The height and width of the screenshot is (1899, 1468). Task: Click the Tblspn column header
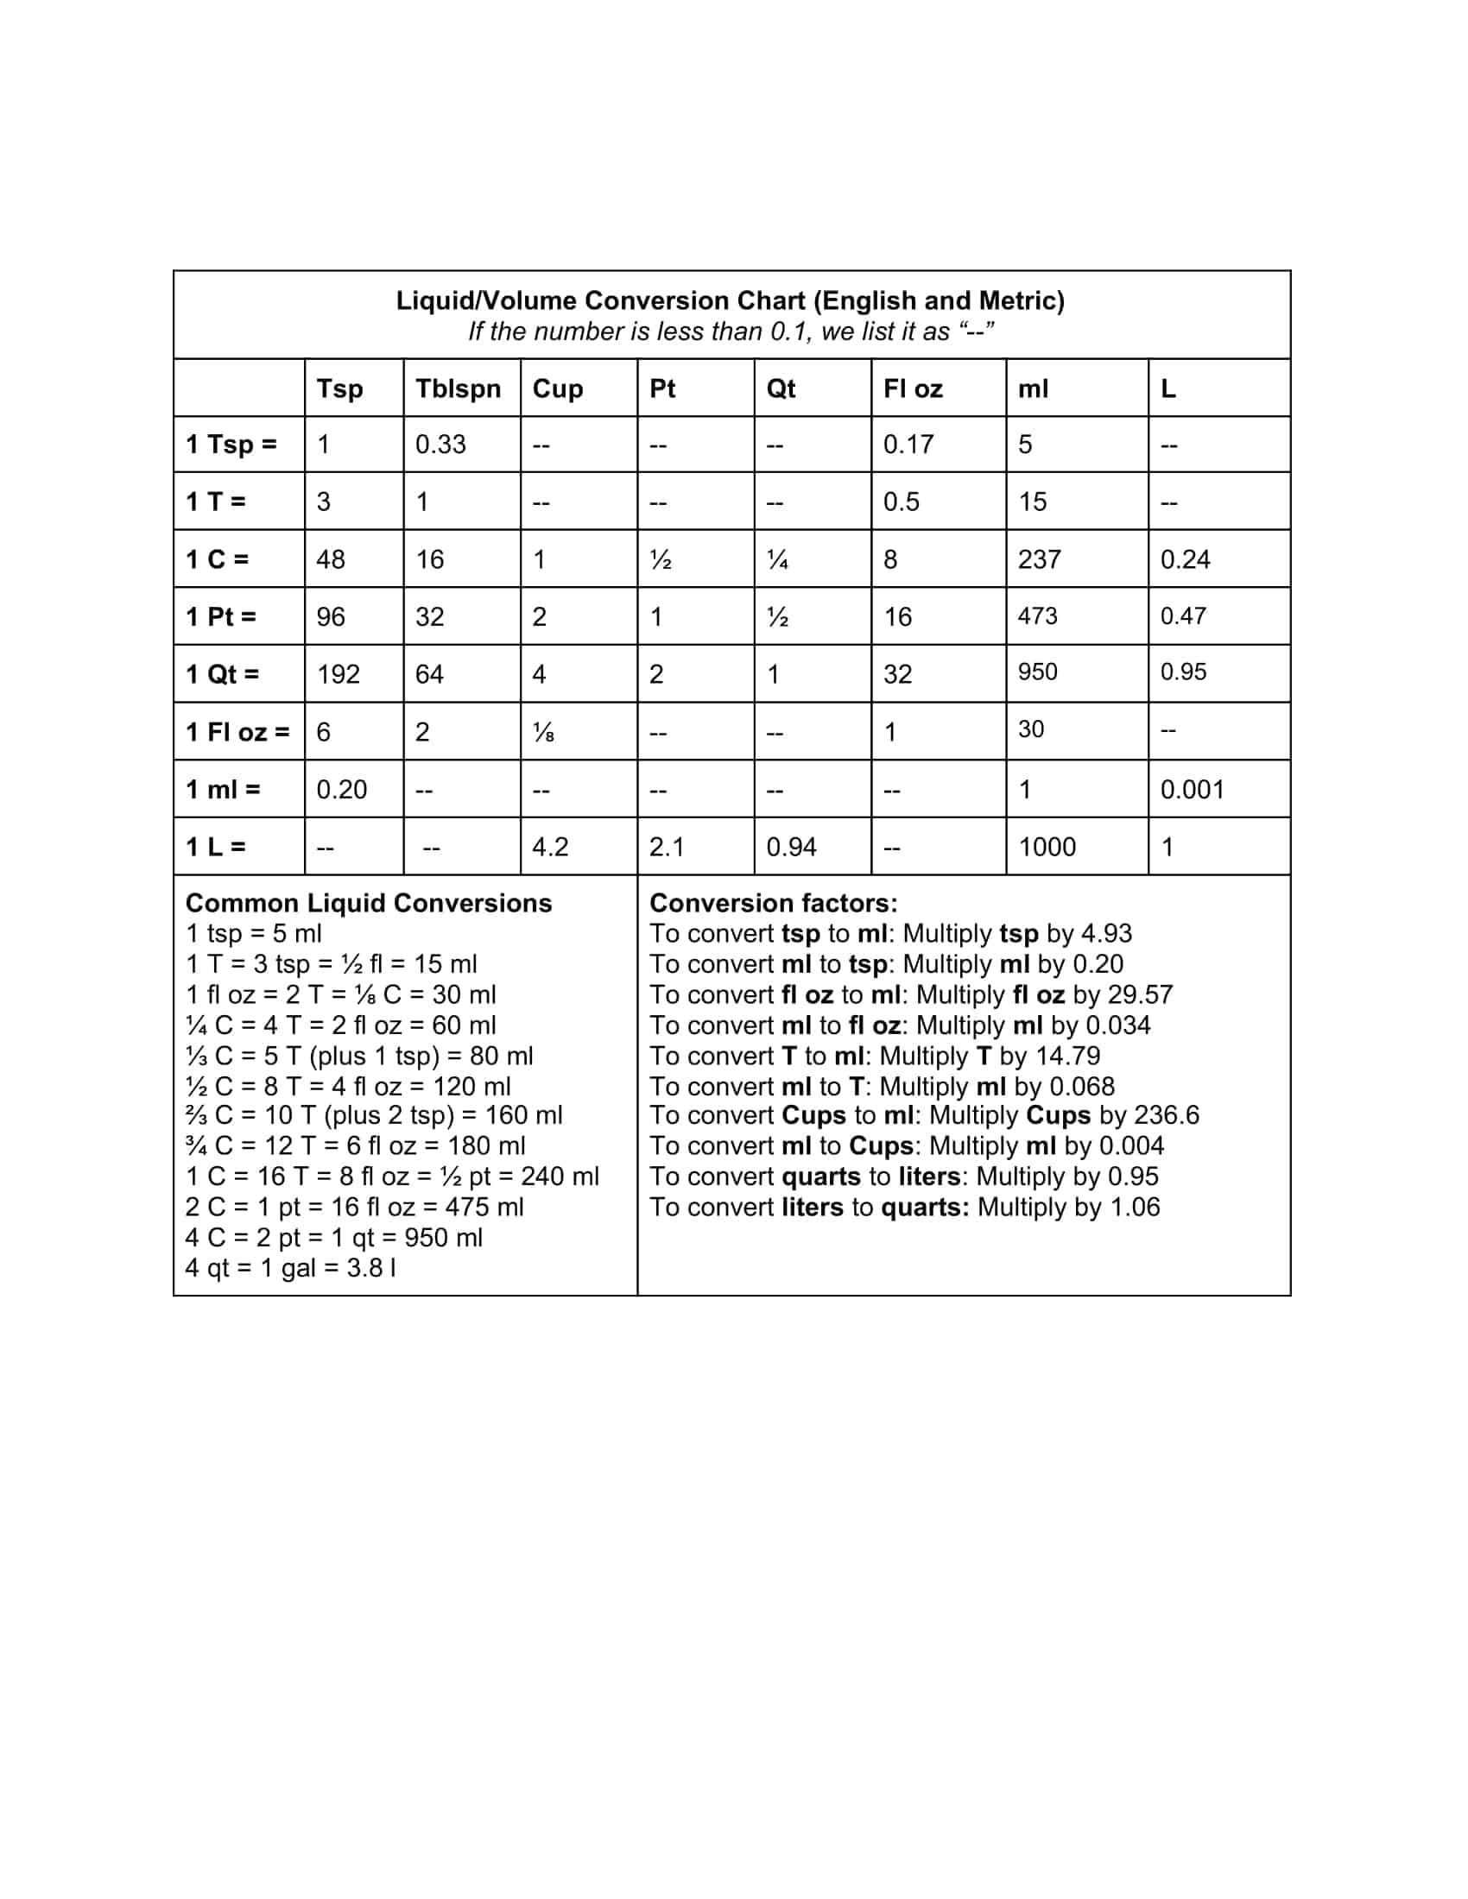458,388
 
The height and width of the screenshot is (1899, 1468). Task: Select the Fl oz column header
912,388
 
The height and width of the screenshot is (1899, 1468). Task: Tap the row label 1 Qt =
222,674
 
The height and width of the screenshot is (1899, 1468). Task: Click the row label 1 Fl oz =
237,731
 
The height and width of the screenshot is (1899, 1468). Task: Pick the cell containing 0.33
440,445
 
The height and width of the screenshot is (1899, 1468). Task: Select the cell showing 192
338,674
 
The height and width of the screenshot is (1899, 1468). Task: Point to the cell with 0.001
1192,790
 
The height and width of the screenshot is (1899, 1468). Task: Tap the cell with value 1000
1047,847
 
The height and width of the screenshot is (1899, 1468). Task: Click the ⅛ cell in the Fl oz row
542,732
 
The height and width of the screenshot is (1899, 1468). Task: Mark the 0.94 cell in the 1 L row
790,847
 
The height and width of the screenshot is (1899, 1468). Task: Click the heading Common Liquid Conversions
368,903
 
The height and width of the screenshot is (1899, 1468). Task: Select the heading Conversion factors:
773,903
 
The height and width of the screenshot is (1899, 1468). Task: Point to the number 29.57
1140,994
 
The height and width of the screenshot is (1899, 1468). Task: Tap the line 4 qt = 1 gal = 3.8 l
291,1268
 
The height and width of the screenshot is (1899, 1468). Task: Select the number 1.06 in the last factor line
1135,1207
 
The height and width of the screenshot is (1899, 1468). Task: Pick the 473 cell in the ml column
1037,615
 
